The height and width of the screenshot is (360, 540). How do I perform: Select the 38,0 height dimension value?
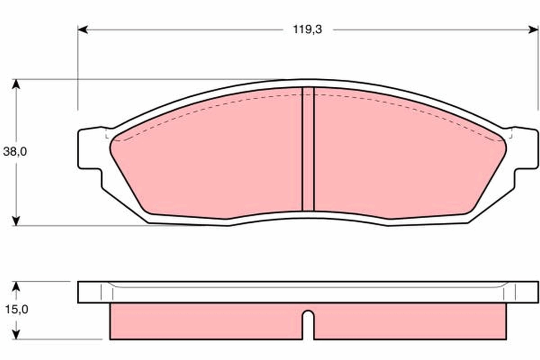(15, 152)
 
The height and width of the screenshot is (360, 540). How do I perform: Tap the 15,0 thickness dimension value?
(15, 310)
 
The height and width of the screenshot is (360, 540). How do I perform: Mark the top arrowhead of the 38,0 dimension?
(16, 85)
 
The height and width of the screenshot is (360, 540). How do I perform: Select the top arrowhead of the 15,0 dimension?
(16, 287)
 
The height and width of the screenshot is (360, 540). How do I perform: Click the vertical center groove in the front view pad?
(308, 148)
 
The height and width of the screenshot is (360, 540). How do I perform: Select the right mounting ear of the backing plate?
(525, 148)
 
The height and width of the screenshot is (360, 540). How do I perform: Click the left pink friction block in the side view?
(205, 321)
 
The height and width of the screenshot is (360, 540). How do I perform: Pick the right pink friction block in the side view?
(409, 321)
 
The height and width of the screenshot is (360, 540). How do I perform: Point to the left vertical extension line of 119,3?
(78, 67)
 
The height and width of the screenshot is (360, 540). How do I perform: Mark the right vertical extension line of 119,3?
(538, 67)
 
